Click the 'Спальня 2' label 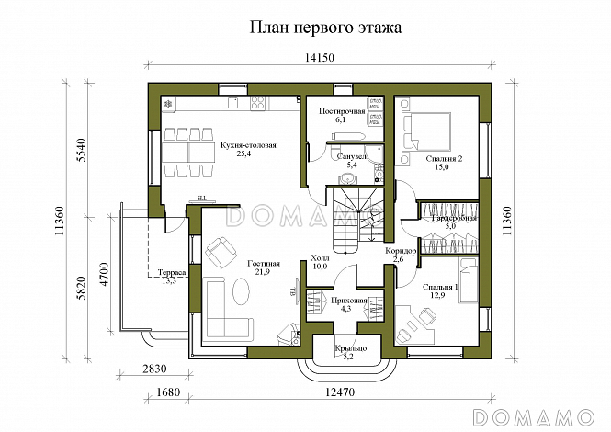coord(444,160)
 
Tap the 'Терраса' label coord(172,273)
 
